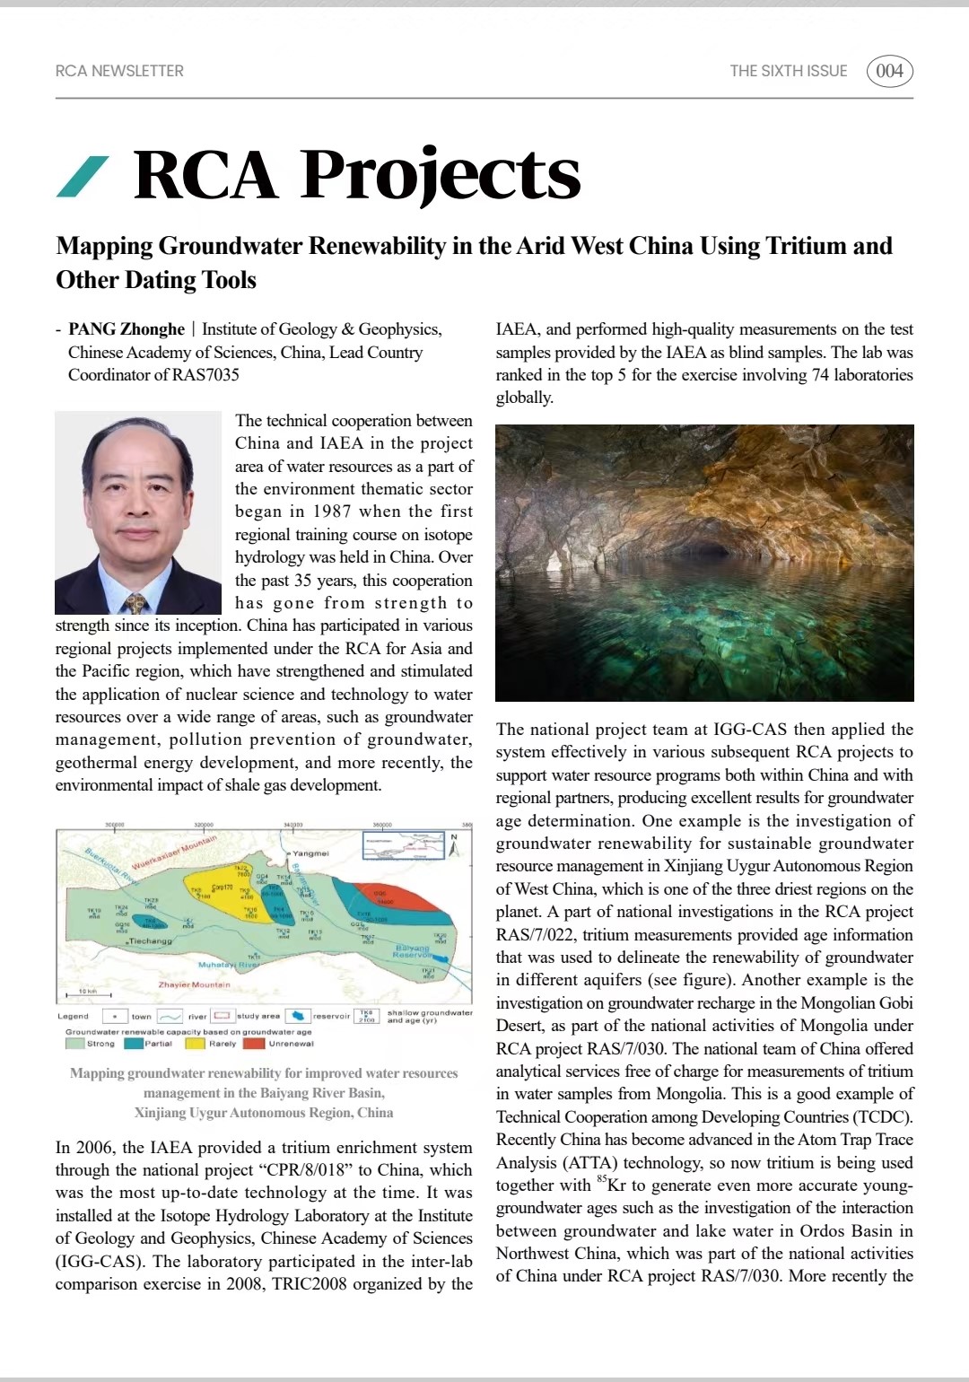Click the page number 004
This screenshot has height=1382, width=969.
pyautogui.click(x=889, y=71)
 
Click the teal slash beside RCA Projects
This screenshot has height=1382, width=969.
pyautogui.click(x=83, y=176)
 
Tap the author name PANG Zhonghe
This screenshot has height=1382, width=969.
pyautogui.click(x=127, y=329)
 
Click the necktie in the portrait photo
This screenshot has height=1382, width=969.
pyautogui.click(x=136, y=602)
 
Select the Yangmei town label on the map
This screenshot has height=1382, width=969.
pyautogui.click(x=310, y=853)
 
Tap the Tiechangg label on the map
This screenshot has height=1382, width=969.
pyautogui.click(x=150, y=941)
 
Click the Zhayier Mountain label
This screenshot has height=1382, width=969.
pyautogui.click(x=194, y=984)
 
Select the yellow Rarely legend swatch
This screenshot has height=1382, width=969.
pyautogui.click(x=195, y=1044)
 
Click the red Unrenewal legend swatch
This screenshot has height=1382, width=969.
pyautogui.click(x=254, y=1044)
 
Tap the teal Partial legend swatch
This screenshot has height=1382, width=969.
pyautogui.click(x=134, y=1044)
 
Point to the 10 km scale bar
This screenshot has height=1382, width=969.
pyautogui.click(x=88, y=994)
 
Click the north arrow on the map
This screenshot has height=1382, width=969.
pyautogui.click(x=454, y=845)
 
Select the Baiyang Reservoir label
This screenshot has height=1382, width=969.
pyautogui.click(x=413, y=951)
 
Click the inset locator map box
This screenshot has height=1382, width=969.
pyautogui.click(x=403, y=845)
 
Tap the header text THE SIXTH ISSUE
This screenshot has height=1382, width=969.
pyautogui.click(x=788, y=71)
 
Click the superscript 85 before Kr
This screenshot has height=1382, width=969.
pyautogui.click(x=601, y=1179)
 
